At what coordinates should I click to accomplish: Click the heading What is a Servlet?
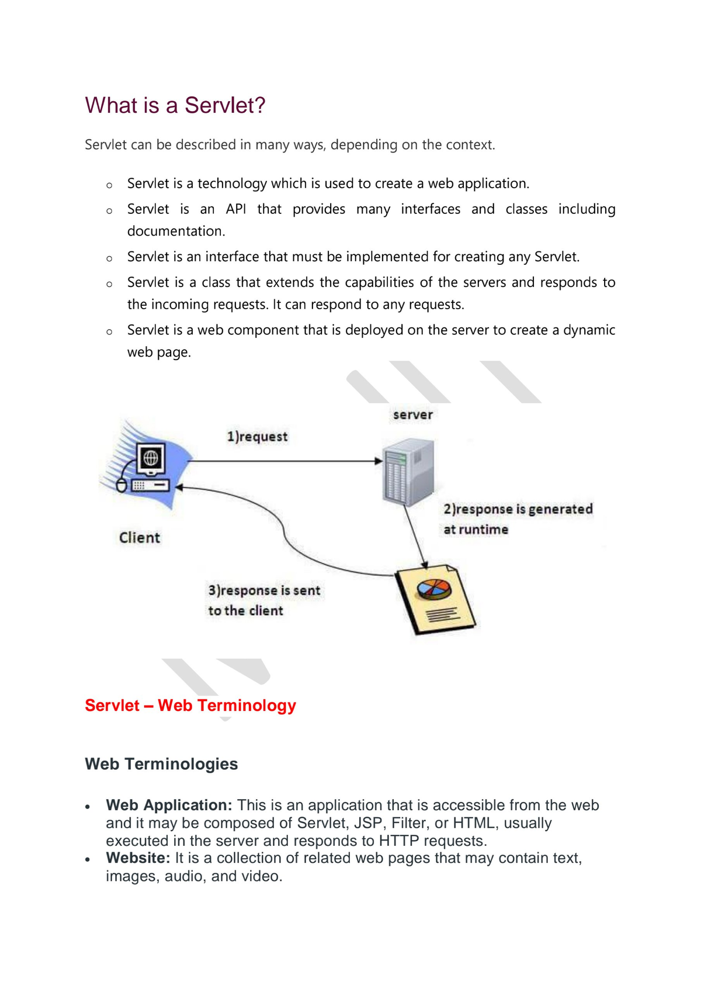(x=175, y=105)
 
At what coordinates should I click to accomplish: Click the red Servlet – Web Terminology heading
(x=190, y=705)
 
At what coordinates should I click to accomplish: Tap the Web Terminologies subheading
(x=161, y=764)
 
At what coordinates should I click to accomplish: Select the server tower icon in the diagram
(x=408, y=472)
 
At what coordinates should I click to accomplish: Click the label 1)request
(x=257, y=437)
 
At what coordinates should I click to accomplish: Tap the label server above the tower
(x=412, y=415)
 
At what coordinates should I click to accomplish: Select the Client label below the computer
(x=139, y=538)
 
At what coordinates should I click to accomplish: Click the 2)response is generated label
(x=518, y=509)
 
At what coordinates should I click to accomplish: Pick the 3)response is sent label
(x=264, y=590)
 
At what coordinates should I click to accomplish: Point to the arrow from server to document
(x=415, y=537)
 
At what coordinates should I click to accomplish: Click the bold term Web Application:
(x=169, y=805)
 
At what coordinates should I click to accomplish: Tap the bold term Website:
(x=138, y=858)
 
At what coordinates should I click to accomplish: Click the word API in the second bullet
(x=236, y=209)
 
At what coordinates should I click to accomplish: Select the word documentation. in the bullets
(x=176, y=231)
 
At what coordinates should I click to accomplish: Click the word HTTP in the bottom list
(x=399, y=841)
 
